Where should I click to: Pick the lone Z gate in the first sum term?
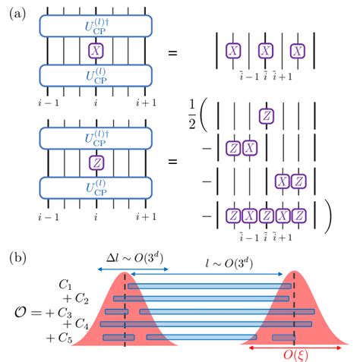(x=266, y=116)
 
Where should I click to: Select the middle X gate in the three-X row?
(x=266, y=51)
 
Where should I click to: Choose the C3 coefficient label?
(x=66, y=312)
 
